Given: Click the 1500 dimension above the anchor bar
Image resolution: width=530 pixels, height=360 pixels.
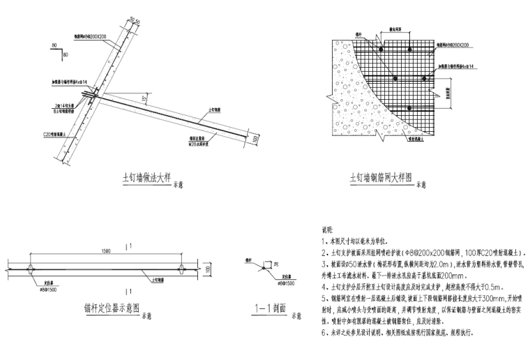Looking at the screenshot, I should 105,250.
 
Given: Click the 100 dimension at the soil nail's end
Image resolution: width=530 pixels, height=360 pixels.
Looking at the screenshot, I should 257,137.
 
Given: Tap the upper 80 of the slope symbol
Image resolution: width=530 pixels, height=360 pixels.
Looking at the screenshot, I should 54,45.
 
